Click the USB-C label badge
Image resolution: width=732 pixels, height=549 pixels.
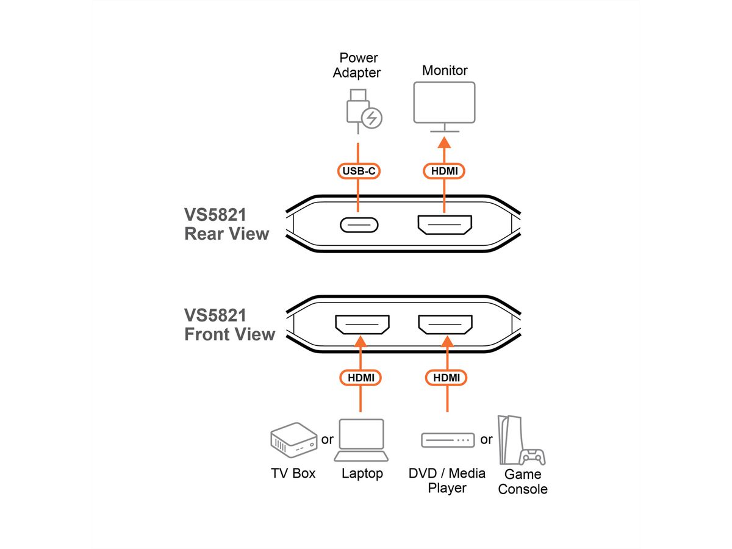click(358, 171)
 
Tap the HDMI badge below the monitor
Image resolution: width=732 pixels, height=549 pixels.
click(445, 171)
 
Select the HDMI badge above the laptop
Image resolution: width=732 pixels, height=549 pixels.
click(361, 378)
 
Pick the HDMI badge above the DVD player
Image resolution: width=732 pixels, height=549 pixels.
click(446, 378)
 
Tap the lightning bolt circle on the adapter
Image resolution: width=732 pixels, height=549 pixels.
click(371, 118)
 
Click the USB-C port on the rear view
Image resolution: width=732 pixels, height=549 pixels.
click(359, 224)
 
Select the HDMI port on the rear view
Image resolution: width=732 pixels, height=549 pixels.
click(445, 224)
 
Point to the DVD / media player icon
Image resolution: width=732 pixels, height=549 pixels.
click(447, 439)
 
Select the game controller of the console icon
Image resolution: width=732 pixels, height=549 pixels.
click(531, 457)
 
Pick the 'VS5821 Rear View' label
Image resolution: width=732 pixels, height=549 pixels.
click(226, 224)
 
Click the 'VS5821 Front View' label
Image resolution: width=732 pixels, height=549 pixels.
click(229, 325)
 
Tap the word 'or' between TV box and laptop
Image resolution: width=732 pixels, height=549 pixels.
click(327, 439)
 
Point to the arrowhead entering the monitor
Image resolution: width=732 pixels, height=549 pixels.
click(445, 142)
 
